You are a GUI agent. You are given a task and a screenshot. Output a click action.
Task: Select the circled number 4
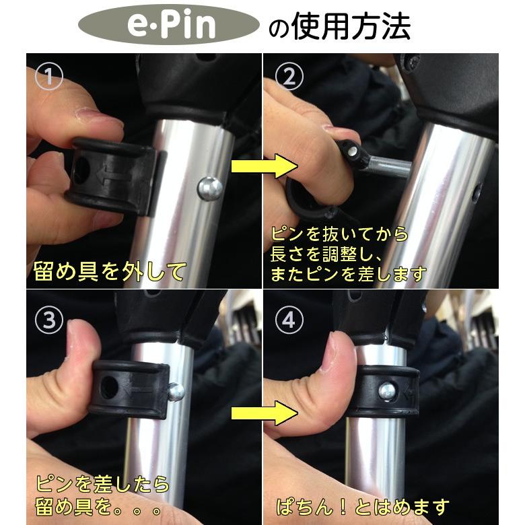coord(290,320)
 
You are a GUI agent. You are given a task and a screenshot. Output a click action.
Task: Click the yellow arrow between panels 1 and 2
coord(265,168)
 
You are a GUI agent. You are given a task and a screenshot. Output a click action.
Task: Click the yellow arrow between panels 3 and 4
coord(265,411)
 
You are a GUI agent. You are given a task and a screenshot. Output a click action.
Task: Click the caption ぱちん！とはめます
coord(363,505)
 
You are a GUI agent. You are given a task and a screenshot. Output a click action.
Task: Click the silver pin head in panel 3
coord(176,390)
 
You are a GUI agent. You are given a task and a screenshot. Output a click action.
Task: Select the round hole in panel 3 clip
coord(108,385)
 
